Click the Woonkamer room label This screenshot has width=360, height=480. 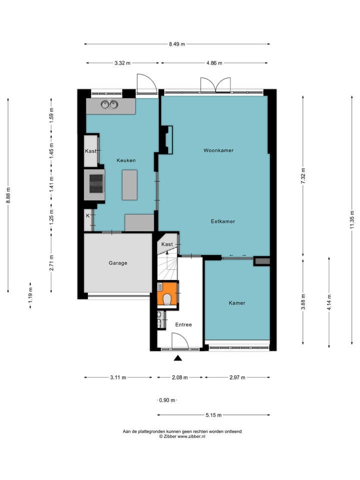pyautogui.click(x=218, y=150)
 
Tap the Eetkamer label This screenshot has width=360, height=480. pyautogui.click(x=222, y=221)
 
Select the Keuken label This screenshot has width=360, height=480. pyautogui.click(x=126, y=160)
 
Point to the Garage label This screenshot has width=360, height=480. pyautogui.click(x=118, y=263)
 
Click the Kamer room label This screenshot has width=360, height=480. pyautogui.click(x=237, y=303)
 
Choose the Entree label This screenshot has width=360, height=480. pyautogui.click(x=183, y=325)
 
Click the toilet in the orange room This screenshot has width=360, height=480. pyautogui.click(x=167, y=299)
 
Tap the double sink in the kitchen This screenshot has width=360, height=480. pyautogui.click(x=109, y=104)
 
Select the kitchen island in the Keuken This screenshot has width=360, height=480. pyautogui.click(x=129, y=184)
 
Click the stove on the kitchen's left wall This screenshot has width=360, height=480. pyautogui.click(x=95, y=183)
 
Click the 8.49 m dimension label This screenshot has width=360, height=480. pyautogui.click(x=177, y=44)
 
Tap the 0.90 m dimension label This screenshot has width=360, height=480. pyautogui.click(x=167, y=400)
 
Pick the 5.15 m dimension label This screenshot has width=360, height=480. pyautogui.click(x=213, y=415)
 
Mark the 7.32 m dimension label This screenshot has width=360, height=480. pyautogui.click(x=303, y=175)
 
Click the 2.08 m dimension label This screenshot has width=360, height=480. pyautogui.click(x=179, y=377)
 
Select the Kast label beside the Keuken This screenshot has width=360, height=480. pyautogui.click(x=90, y=151)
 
